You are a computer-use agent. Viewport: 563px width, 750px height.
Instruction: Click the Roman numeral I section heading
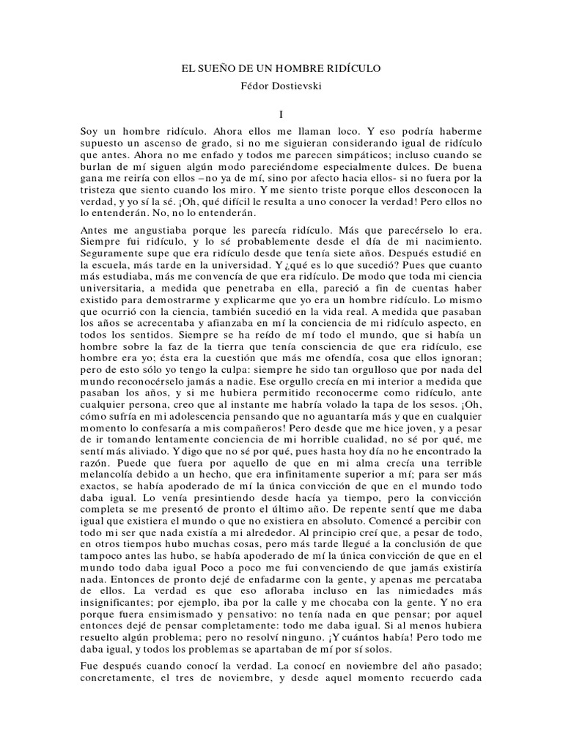[281, 114]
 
